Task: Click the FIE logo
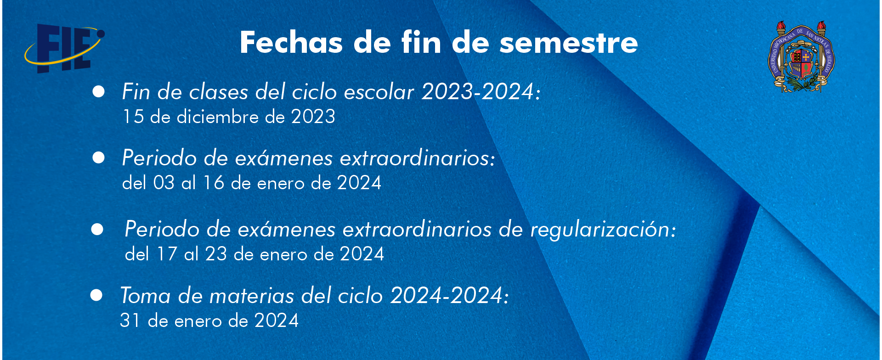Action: [65, 48]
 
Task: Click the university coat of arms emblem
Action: [801, 56]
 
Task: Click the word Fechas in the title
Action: [291, 43]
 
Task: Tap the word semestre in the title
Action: [569, 43]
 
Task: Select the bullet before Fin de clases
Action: [98, 91]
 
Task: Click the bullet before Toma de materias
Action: [96, 295]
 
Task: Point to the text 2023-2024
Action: [478, 91]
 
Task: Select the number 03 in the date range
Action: [164, 183]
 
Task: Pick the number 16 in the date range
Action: [214, 183]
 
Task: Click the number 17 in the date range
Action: [167, 254]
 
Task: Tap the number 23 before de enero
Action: [216, 254]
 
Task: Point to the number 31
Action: [130, 320]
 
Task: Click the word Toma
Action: [146, 295]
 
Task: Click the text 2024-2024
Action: [447, 295]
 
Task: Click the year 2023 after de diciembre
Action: [313, 117]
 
